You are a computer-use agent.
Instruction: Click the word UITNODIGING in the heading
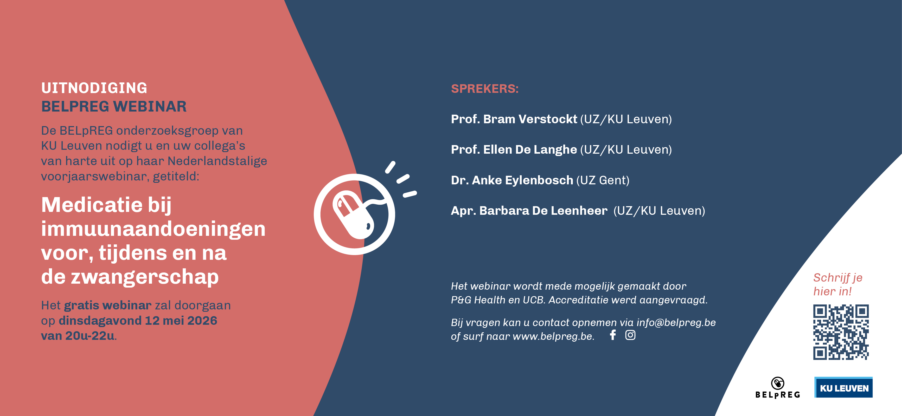coord(94,88)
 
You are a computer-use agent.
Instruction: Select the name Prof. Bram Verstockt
coord(514,119)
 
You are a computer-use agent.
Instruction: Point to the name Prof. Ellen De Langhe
coord(514,150)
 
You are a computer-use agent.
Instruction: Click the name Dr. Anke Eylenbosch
coord(511,180)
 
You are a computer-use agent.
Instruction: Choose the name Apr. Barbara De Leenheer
coord(529,211)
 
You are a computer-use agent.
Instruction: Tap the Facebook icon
coord(613,335)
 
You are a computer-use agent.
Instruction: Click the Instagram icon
coord(630,335)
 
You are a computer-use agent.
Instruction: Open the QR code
coord(841,332)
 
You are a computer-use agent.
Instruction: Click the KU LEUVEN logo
coord(843,387)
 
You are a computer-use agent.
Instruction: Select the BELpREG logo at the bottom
coord(778,388)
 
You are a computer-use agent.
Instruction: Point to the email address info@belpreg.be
coord(676,322)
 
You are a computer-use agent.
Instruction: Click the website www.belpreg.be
coord(553,336)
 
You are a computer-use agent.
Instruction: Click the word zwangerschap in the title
coord(145,277)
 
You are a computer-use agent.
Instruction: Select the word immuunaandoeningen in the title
coord(153,229)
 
